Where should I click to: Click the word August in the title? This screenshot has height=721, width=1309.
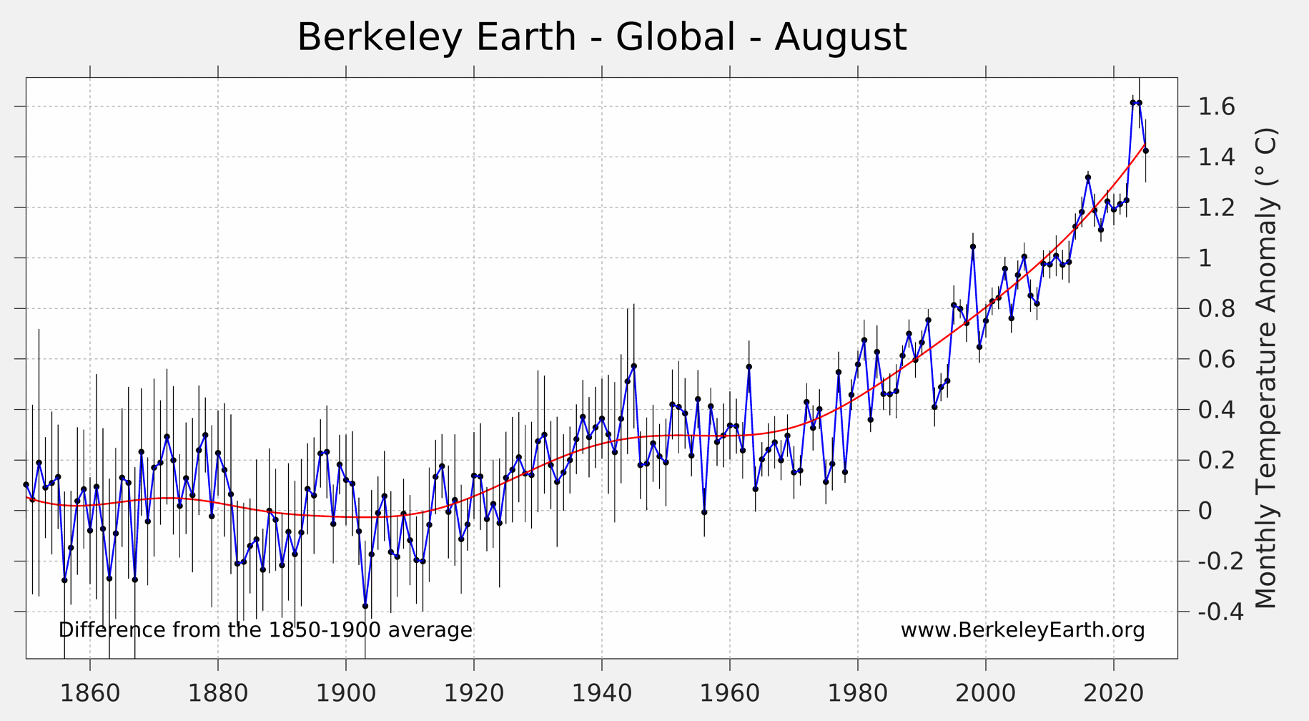[840, 37]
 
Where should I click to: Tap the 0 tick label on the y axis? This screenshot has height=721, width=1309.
[1205, 511]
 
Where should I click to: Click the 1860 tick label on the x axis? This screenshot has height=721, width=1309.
[89, 693]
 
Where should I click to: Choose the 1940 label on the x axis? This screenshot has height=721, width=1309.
[601, 693]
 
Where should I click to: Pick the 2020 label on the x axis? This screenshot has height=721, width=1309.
[1113, 693]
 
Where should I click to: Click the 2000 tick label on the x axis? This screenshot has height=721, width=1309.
[985, 693]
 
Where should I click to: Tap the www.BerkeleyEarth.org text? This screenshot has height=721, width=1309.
[1022, 630]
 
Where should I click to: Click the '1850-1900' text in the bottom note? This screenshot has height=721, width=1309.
[325, 630]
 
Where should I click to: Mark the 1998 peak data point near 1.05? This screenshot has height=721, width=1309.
[972, 247]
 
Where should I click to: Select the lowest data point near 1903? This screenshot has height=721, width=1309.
[365, 606]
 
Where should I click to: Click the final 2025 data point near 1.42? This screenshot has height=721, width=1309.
[1145, 151]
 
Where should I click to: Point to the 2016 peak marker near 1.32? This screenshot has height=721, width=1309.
[1088, 177]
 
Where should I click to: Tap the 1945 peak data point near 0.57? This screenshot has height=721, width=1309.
[633, 366]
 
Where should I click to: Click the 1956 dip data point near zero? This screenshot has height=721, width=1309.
[704, 512]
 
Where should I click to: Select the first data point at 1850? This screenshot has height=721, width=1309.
[26, 485]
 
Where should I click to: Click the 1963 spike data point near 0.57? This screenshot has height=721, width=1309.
[749, 367]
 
